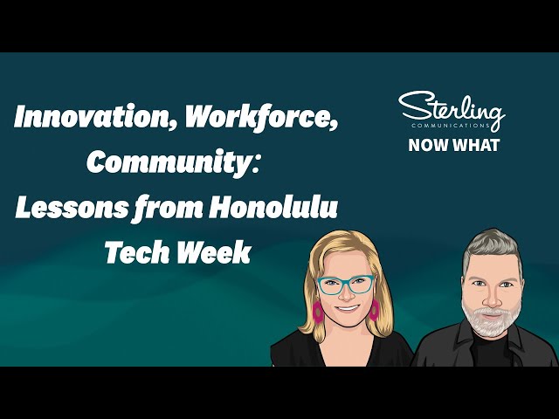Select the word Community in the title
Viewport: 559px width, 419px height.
pyautogui.click(x=152, y=163)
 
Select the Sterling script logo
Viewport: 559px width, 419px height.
pyautogui.click(x=452, y=107)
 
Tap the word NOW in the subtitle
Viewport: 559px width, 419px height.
pyautogui.click(x=428, y=145)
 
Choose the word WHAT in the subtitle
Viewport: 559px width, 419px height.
pyautogui.click(x=477, y=145)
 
